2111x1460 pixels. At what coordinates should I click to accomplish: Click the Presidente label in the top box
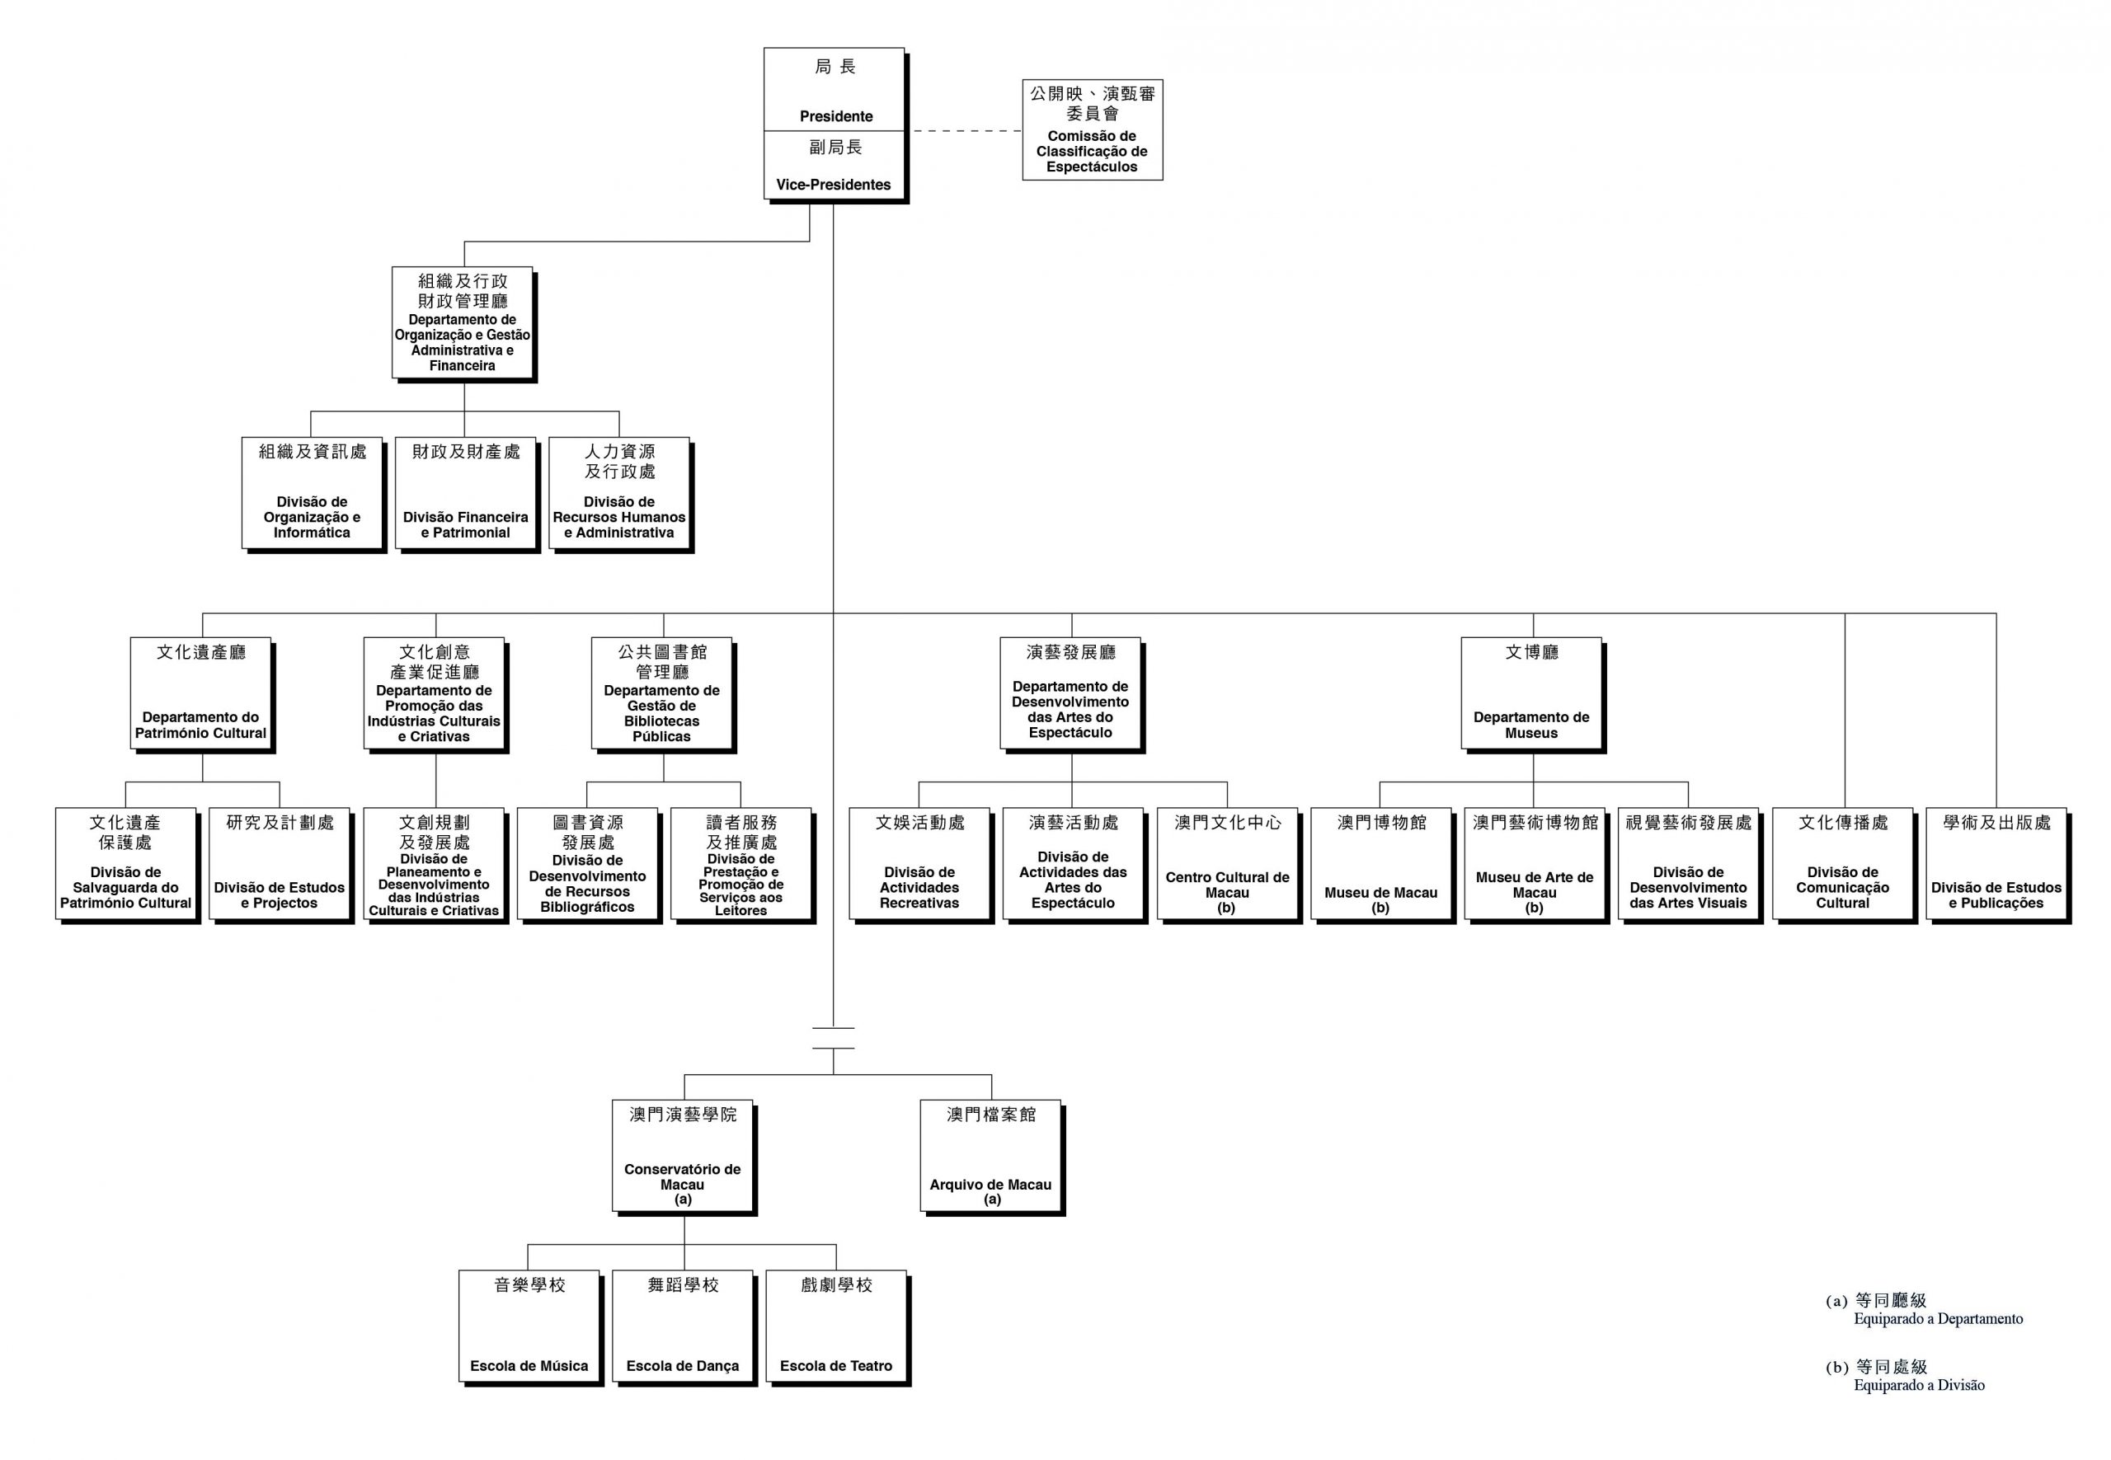[835, 116]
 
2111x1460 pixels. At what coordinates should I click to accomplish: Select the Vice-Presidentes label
[833, 184]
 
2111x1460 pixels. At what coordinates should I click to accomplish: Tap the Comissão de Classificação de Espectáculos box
[1092, 130]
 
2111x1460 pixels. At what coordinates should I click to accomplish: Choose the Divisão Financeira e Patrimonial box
[465, 494]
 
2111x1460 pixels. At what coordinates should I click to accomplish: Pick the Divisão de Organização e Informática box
[311, 494]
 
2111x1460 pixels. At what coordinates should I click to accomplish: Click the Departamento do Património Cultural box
[200, 693]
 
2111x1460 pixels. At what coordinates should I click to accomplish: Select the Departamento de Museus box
[1530, 693]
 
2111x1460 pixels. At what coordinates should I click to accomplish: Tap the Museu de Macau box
[1380, 864]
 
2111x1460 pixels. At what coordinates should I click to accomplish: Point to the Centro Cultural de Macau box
[1226, 864]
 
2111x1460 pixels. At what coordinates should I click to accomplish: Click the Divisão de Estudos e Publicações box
[1996, 864]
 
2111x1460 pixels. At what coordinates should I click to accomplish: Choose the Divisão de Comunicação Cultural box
[1842, 864]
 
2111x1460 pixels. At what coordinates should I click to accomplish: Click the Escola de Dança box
[683, 1326]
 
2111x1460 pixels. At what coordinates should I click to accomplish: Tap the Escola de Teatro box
[835, 1326]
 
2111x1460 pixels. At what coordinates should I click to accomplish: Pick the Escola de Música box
[529, 1326]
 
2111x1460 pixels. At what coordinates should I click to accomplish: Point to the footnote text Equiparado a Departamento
[1937, 1319]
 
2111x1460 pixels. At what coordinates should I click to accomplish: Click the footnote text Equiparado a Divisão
[1919, 1385]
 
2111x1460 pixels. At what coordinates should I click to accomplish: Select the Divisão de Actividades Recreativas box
[919, 864]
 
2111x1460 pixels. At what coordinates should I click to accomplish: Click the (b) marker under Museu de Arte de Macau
[1534, 908]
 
